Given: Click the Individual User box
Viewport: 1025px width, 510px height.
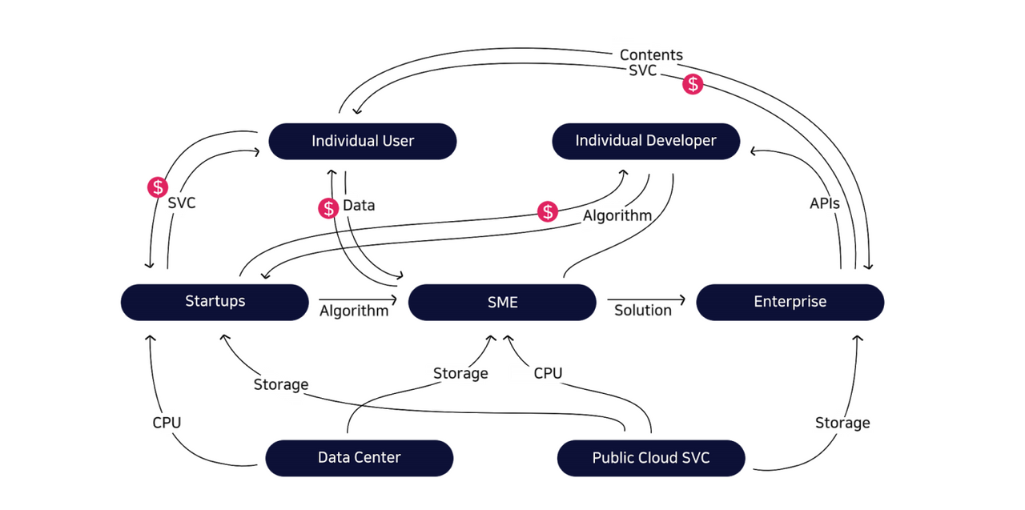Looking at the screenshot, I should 362,141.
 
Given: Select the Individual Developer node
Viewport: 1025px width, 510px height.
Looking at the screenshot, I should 645,141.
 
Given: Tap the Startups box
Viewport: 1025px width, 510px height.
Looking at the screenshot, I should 215,302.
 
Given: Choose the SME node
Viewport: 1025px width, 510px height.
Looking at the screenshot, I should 502,303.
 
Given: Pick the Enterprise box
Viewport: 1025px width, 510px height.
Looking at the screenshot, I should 790,302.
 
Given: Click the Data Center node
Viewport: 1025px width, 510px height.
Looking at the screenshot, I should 359,458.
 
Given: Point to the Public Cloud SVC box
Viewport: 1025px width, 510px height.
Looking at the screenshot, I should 650,458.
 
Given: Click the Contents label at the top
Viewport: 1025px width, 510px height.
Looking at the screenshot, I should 651,54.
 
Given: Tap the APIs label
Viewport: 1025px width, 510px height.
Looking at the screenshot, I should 824,203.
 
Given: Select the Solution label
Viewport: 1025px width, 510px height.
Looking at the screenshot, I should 642,310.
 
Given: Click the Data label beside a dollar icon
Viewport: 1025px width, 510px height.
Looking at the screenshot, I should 359,205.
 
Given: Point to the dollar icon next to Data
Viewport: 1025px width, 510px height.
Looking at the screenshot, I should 328,208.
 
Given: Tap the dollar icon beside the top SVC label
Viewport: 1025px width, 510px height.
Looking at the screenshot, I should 693,84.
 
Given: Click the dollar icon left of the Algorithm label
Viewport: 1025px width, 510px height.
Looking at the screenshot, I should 548,212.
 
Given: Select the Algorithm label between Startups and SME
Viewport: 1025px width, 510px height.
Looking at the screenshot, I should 353,311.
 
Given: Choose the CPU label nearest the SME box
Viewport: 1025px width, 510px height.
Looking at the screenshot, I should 548,373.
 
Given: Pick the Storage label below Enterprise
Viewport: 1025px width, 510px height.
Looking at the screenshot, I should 842,423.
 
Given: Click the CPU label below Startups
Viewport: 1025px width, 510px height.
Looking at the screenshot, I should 167,422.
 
